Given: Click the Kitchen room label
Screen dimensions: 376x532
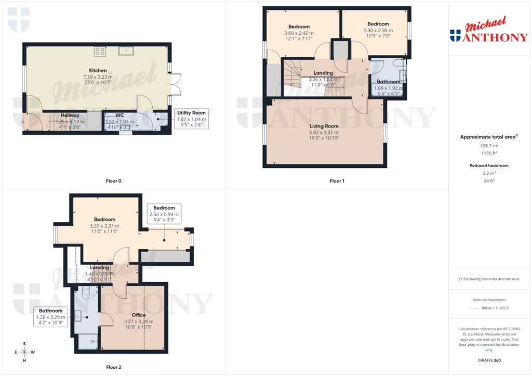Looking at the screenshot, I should tap(98, 71).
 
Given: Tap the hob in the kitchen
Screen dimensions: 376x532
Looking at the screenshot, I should tap(100, 51).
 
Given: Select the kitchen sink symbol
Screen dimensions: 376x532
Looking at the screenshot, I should tap(126, 50).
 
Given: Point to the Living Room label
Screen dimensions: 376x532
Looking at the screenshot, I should tap(324, 126).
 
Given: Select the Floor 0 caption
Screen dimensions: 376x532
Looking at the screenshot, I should tap(113, 181).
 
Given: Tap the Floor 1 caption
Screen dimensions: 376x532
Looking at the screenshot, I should tap(337, 181).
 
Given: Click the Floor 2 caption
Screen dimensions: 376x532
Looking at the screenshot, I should tap(113, 367).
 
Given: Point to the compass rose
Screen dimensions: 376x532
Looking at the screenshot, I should tap(24, 352).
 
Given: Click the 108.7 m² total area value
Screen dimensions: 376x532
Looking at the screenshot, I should tap(489, 146).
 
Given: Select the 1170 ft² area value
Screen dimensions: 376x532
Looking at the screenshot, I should tap(489, 153).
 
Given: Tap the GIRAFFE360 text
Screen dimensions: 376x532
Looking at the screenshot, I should tap(489, 360).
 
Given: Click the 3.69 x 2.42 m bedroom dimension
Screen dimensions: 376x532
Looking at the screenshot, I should tap(299, 33).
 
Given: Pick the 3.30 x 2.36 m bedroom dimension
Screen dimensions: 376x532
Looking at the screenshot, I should tap(378, 31).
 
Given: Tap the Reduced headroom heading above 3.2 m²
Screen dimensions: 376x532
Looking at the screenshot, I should tap(489, 165).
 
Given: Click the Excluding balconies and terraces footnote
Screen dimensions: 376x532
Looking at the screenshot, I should tap(489, 279).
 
